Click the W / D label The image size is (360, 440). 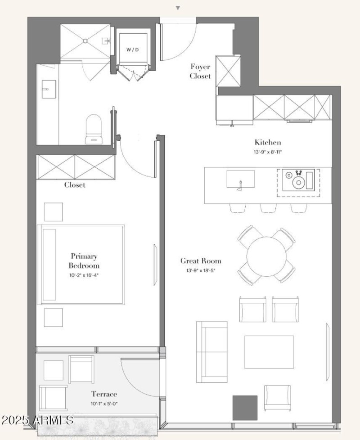(x=132, y=49)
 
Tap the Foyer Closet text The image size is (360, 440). (x=200, y=71)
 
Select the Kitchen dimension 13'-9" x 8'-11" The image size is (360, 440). (x=268, y=152)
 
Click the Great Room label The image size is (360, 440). (x=201, y=261)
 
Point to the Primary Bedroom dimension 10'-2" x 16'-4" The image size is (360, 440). (x=84, y=275)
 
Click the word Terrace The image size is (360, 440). (x=104, y=394)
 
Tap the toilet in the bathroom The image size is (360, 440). (x=94, y=129)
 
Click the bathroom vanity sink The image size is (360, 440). (x=49, y=89)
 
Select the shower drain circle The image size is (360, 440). (x=85, y=41)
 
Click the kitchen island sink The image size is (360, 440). (x=241, y=179)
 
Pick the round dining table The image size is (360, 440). (x=266, y=256)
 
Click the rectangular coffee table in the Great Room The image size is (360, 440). (x=269, y=352)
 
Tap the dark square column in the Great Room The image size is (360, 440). (x=245, y=408)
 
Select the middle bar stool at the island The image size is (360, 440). (x=269, y=208)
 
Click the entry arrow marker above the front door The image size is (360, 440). (x=178, y=8)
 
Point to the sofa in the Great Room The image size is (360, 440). (x=212, y=352)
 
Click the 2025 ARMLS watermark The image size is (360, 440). (x=37, y=420)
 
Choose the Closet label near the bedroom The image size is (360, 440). (x=75, y=185)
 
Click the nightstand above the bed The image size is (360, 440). (x=53, y=212)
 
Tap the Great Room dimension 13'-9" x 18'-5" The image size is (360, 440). (x=201, y=271)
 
